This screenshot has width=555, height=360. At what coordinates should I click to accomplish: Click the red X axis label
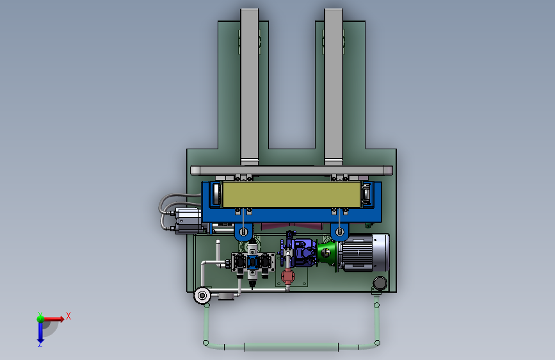tap(68, 316)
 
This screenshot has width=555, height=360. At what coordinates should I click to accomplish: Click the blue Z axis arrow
tap(40, 332)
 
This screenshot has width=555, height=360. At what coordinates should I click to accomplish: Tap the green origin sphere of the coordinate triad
tap(40, 319)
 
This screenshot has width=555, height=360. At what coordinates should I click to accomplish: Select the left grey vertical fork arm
tap(250, 87)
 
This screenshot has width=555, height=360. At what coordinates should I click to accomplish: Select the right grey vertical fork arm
tap(334, 87)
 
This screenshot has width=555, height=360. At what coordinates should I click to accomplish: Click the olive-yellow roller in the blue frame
tap(291, 195)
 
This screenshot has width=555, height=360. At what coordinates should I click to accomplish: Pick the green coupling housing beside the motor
tap(326, 252)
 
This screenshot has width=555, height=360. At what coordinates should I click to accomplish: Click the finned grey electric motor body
tap(357, 253)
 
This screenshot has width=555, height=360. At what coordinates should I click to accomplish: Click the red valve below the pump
tap(288, 275)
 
